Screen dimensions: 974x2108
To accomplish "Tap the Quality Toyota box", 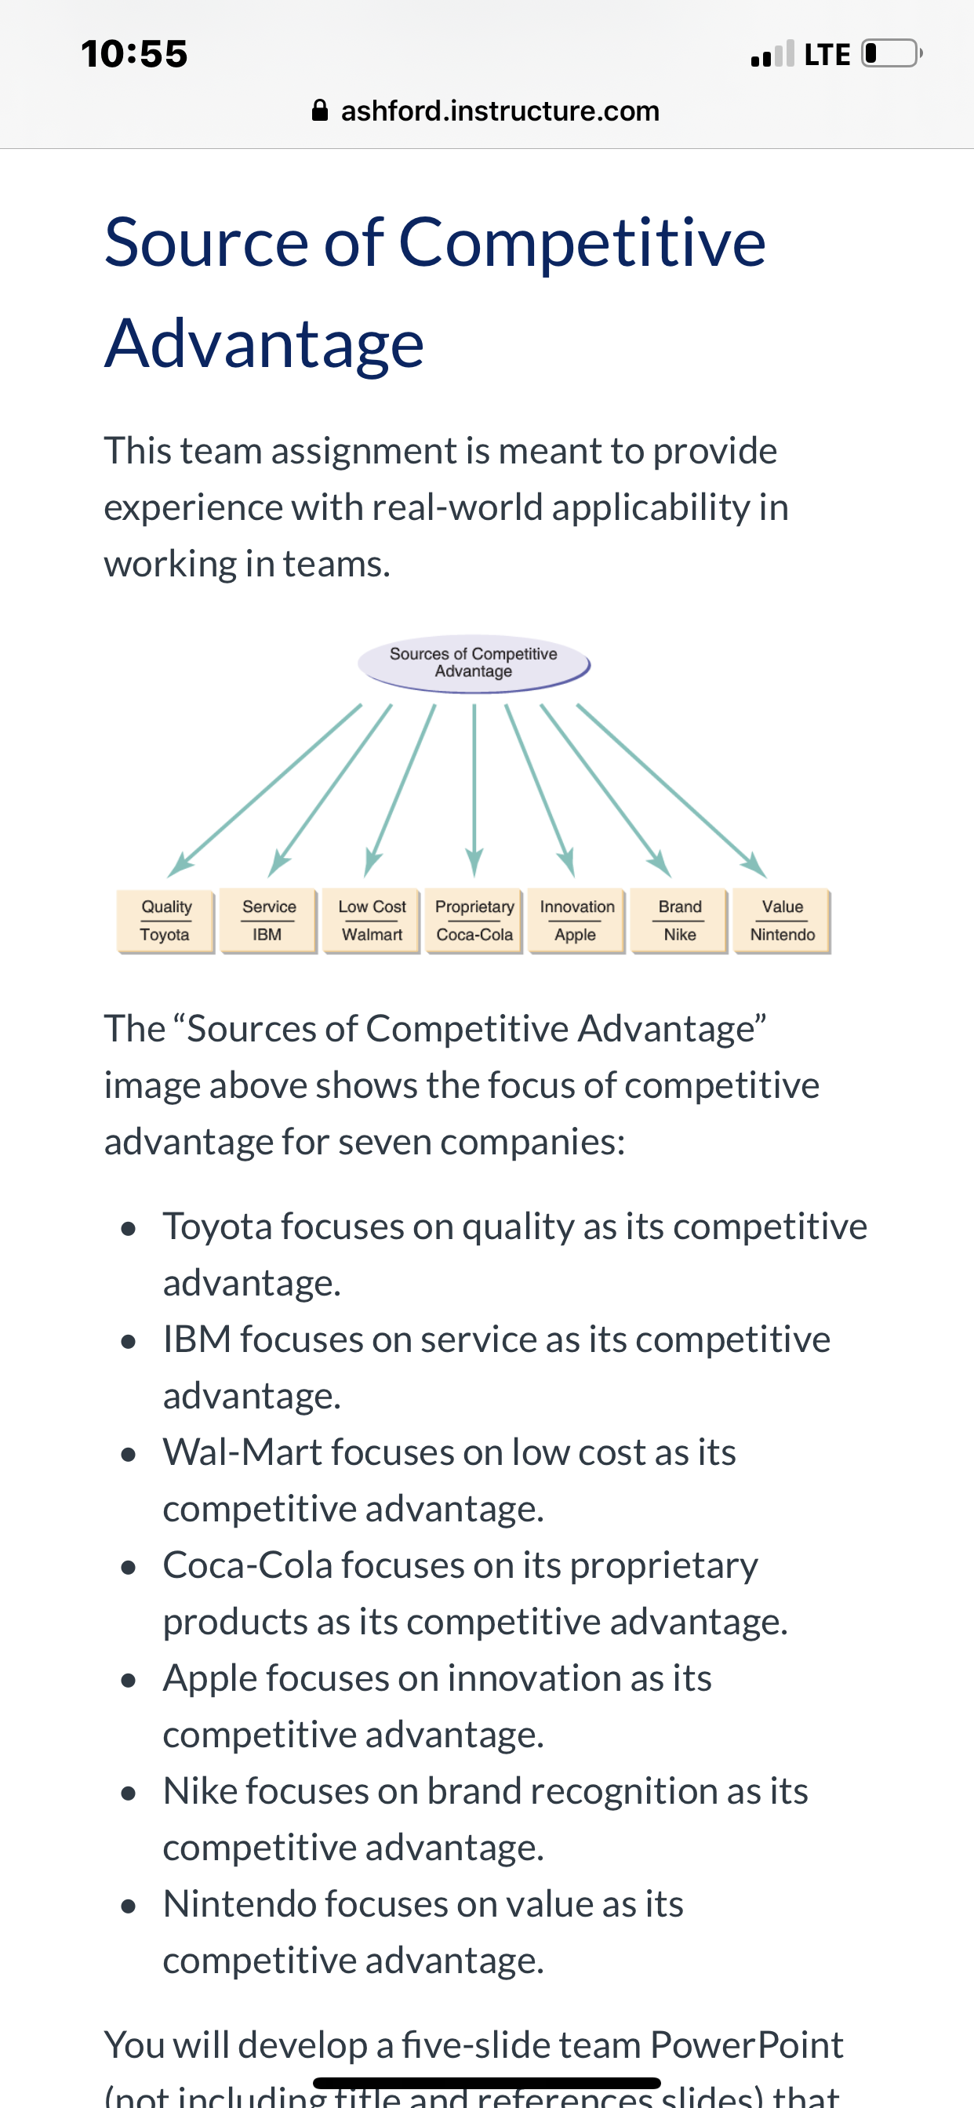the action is pos(165,921).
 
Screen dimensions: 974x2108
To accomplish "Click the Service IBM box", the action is pos(268,921).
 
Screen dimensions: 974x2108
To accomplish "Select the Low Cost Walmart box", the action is pos(372,921).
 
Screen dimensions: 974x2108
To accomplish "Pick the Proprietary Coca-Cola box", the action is pos(474,921).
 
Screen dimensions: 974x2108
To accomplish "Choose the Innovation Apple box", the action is pos(577,921).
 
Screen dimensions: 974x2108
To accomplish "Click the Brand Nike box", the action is pos(679,921).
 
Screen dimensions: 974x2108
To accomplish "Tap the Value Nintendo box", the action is pos(783,921).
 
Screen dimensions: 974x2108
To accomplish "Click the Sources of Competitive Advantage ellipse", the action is pos(474,663).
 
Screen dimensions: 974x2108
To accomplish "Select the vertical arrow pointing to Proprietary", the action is pos(474,790).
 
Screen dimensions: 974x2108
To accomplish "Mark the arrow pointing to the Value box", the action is pos(672,790).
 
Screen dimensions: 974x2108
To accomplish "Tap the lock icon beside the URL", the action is pos(320,110).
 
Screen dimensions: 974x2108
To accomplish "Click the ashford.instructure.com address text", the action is pos(500,111).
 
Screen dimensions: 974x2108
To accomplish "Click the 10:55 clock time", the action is pos(134,54).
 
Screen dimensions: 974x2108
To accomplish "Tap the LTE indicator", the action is pos(827,55).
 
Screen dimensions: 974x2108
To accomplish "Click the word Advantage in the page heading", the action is pos(264,343).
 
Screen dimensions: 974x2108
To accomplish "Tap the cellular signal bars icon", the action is pos(772,53).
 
